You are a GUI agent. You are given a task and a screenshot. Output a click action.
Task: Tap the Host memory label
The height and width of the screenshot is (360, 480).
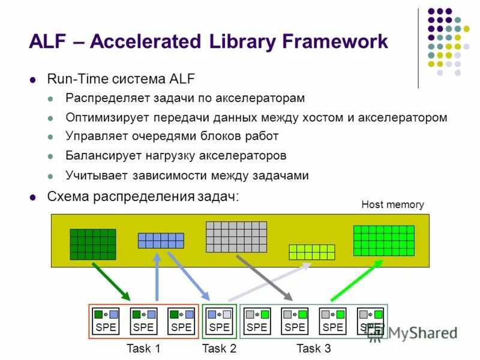[392, 205]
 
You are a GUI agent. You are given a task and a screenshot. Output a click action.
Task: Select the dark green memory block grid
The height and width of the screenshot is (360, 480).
[93, 244]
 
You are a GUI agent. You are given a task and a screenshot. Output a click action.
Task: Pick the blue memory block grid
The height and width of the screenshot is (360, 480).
[161, 241]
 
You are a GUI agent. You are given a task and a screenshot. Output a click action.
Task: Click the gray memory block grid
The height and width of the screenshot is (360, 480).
[236, 237]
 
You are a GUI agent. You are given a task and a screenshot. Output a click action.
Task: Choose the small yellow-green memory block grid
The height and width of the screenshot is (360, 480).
[312, 252]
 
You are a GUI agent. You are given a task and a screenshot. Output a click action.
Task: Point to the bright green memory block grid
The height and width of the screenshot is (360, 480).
[383, 241]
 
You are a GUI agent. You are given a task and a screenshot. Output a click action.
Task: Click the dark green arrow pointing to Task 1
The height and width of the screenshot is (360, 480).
[112, 283]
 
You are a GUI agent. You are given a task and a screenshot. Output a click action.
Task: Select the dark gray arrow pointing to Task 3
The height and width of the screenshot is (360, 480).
[264, 278]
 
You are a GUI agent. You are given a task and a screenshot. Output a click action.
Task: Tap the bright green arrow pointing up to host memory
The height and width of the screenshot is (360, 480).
[356, 280]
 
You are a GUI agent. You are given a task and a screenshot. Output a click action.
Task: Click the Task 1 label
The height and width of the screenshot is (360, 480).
[143, 349]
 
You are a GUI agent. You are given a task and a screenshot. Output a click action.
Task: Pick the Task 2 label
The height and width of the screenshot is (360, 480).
[220, 349]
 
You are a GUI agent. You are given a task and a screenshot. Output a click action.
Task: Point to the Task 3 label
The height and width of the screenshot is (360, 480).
[314, 349]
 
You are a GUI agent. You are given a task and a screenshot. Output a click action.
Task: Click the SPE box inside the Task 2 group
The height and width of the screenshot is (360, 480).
[220, 322]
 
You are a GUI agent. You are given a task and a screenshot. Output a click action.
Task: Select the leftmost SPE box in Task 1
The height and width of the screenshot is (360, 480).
[106, 322]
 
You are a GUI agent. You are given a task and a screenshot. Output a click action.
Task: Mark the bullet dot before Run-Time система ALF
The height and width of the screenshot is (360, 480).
[34, 79]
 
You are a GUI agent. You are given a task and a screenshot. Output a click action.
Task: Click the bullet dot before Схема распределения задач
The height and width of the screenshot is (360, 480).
[34, 197]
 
